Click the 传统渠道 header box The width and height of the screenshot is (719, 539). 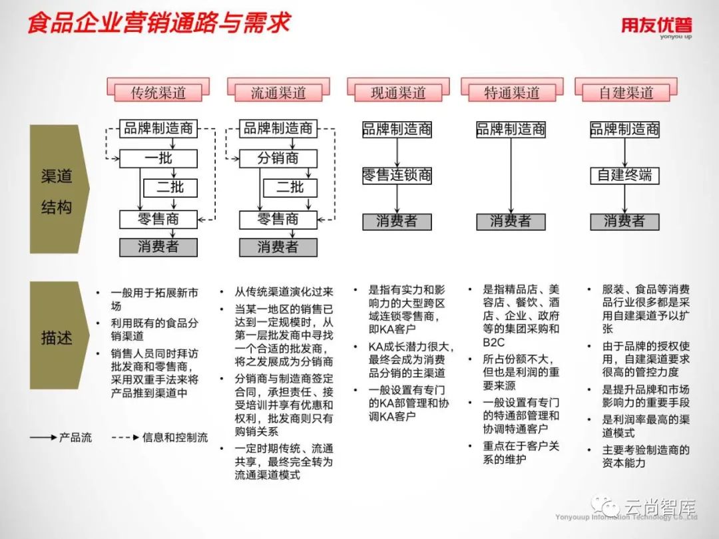158,92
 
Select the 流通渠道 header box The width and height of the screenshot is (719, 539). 278,92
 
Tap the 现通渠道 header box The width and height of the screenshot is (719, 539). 397,92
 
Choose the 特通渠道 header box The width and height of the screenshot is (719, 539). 511,92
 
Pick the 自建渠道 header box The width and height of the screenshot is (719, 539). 626,92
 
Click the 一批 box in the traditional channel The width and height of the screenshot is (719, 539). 158,158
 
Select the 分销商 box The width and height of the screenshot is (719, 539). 278,158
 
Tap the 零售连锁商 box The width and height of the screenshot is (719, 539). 397,176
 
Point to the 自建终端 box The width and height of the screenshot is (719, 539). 624,176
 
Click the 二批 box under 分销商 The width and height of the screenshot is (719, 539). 290,188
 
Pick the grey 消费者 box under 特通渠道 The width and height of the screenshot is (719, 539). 511,222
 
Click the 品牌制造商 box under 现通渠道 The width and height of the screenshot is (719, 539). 397,129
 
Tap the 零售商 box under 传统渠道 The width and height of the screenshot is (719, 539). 158,219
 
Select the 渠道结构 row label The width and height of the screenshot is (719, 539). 57,191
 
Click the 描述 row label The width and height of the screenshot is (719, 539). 57,337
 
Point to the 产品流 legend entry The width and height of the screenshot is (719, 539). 61,438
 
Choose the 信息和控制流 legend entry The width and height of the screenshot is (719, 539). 160,438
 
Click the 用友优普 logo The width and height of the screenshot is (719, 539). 656,27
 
